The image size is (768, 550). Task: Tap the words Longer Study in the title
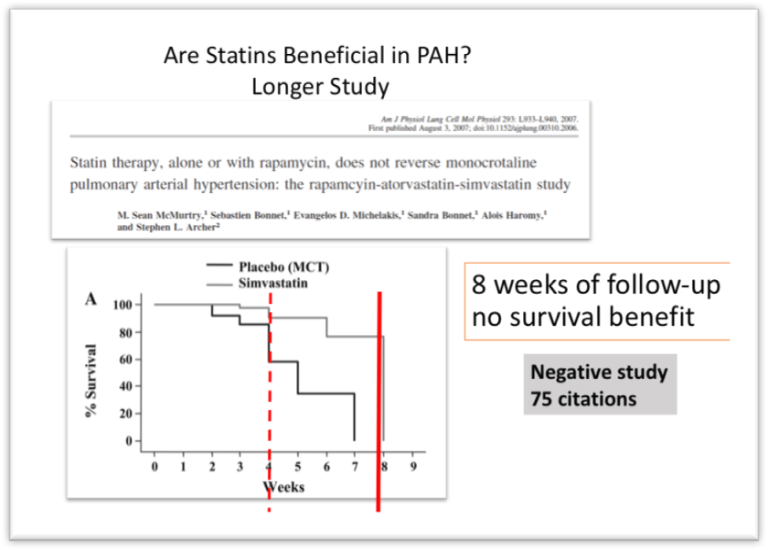pos(320,87)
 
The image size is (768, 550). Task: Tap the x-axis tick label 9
pos(412,468)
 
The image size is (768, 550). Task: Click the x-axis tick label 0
pos(155,468)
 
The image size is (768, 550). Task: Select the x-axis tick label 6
pos(326,468)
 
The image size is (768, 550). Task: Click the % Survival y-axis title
pos(91,381)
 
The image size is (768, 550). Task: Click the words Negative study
pos(599,373)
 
